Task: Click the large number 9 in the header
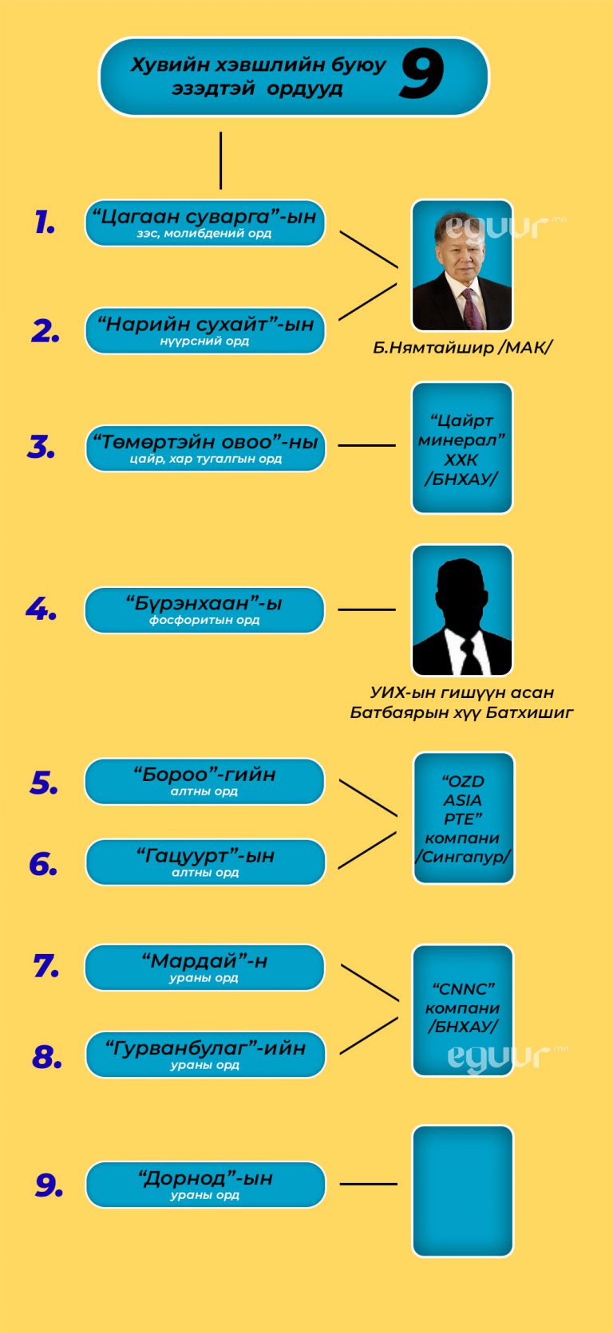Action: tap(421, 74)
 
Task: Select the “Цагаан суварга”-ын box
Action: tap(205, 223)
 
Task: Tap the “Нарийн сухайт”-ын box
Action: tap(205, 330)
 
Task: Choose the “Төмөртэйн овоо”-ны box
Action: tap(205, 448)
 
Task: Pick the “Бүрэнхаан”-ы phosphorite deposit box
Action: tap(204, 610)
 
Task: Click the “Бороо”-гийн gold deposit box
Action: tap(204, 781)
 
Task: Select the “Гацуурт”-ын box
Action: tap(205, 862)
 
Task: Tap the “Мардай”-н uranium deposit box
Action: tap(204, 968)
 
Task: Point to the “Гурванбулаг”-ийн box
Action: tap(205, 1055)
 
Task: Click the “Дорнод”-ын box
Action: tap(205, 1185)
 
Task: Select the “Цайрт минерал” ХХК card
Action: tap(461, 448)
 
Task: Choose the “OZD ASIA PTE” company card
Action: tap(463, 818)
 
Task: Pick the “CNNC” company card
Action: tap(462, 1010)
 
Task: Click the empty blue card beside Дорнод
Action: tap(462, 1191)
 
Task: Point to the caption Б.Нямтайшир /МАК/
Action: tap(462, 348)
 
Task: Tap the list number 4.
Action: tap(42, 610)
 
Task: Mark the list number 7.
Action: tap(46, 967)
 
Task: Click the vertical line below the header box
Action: tap(220, 160)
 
